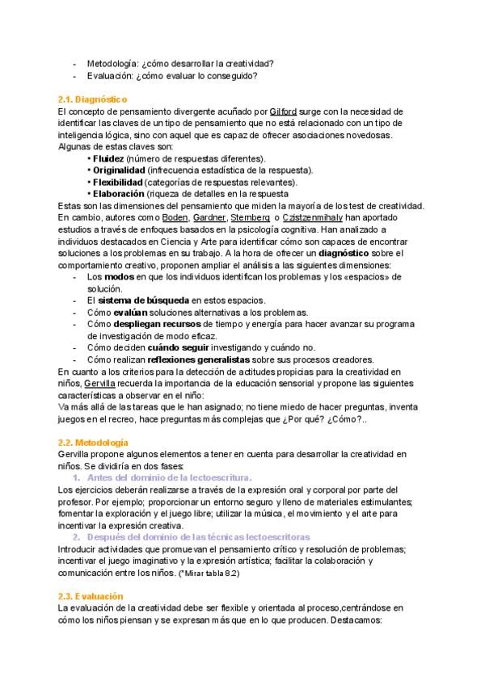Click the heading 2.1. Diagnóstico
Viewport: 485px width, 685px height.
coord(93,99)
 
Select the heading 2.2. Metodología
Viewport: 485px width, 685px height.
coord(93,443)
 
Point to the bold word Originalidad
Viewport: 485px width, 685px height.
coord(119,170)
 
